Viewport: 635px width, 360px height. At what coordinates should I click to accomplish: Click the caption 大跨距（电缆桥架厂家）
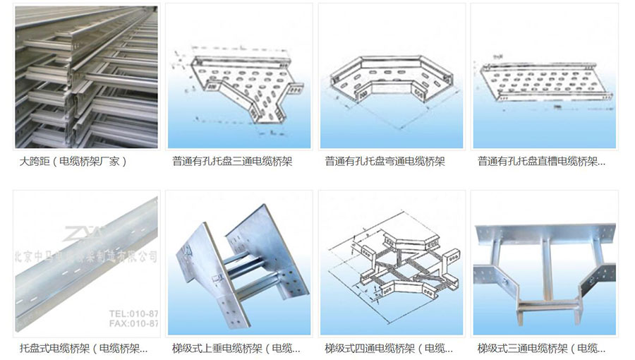[73, 162]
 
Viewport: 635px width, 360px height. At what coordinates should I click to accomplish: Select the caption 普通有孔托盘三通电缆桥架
[232, 162]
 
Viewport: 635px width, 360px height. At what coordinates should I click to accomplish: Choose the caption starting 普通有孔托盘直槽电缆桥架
[541, 162]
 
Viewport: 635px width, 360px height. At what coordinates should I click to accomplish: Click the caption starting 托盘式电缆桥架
[84, 348]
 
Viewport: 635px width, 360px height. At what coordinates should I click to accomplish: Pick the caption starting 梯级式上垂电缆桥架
[236, 348]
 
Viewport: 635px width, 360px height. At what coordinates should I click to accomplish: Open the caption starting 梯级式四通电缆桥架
[389, 348]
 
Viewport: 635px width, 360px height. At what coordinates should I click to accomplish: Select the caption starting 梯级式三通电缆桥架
[541, 348]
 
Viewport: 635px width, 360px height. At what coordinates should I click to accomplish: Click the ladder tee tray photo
[544, 265]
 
